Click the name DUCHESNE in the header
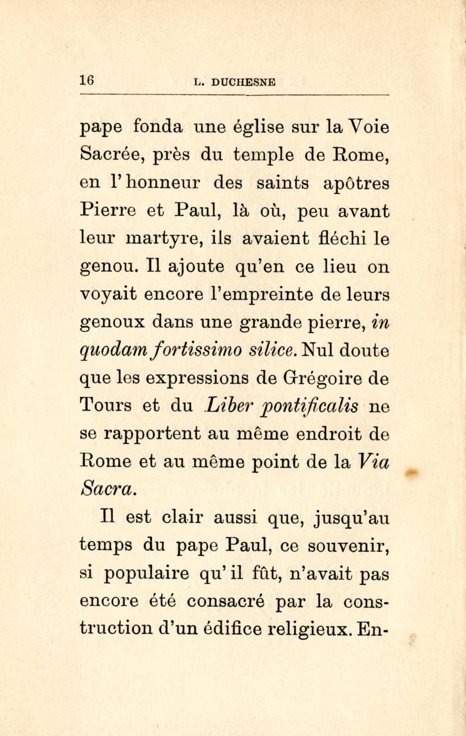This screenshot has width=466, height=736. pos(244,83)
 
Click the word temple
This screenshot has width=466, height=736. pos(263,156)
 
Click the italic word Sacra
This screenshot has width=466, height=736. pos(108,489)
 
